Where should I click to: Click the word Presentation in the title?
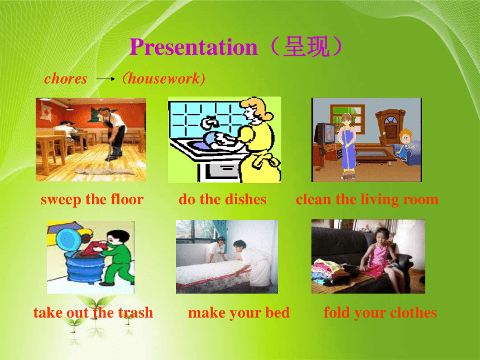pyautogui.click(x=194, y=47)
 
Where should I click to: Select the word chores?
pyautogui.click(x=66, y=78)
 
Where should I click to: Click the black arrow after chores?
pyautogui.click(x=105, y=79)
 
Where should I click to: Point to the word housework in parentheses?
pyautogui.click(x=164, y=78)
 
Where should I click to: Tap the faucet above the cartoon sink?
pyautogui.click(x=210, y=122)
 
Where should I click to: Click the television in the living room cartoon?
pyautogui.click(x=325, y=134)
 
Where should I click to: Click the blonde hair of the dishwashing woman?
pyautogui.click(x=257, y=108)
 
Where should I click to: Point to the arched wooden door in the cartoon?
pyautogui.click(x=390, y=126)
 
